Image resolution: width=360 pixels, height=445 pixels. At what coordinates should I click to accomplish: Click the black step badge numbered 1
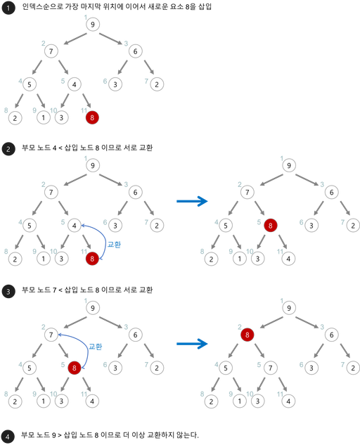click(x=8, y=8)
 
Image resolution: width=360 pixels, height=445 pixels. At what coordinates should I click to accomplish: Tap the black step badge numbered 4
click(x=8, y=437)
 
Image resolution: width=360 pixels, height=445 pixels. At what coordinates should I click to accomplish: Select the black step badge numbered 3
click(x=8, y=291)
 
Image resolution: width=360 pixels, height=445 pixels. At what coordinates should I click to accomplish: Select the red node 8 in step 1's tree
click(x=92, y=117)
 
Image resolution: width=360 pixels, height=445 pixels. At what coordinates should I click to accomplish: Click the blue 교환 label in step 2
click(x=114, y=245)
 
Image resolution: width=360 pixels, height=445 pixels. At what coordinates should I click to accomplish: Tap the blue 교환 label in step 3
click(x=96, y=347)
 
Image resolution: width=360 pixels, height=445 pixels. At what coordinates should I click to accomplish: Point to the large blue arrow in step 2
click(x=192, y=201)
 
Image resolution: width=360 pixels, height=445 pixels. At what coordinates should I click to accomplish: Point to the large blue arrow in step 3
click(x=192, y=344)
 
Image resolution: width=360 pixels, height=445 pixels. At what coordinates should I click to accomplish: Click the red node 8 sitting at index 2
click(x=247, y=335)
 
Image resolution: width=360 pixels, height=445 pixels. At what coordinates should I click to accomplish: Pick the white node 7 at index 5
click(x=270, y=368)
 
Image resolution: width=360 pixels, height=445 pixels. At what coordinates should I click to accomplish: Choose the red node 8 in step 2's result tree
click(x=270, y=226)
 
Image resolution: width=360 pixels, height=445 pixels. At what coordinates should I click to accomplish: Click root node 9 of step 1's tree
click(x=93, y=25)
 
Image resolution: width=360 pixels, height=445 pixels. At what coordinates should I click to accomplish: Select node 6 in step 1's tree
click(x=136, y=51)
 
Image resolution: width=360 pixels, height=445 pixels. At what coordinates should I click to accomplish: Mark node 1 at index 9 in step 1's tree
click(x=44, y=117)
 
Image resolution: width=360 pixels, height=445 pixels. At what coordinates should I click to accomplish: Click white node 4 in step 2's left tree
click(x=75, y=226)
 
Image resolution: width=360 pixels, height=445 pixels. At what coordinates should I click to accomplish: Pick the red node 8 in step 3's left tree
click(x=75, y=368)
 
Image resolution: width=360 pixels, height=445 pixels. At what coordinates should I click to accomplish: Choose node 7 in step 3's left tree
click(x=51, y=335)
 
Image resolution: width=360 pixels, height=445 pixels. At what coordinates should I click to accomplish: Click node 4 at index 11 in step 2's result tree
click(x=288, y=259)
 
